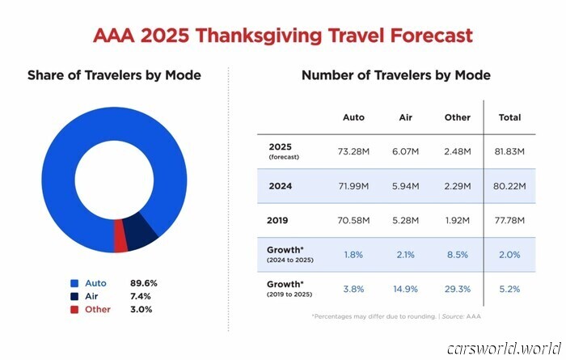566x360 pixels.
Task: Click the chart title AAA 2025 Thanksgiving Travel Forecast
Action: [283, 36]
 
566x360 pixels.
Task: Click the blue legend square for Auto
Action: [74, 284]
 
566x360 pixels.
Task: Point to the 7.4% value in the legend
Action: [143, 297]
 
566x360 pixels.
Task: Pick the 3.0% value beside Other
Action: [143, 309]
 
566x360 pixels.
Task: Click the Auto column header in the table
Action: [353, 117]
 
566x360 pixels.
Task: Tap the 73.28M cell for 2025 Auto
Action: [353, 151]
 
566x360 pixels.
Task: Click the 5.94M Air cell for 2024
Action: [407, 186]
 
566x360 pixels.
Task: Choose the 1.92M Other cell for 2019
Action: [457, 220]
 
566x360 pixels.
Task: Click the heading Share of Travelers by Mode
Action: [114, 75]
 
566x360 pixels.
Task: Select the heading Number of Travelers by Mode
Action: [395, 75]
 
